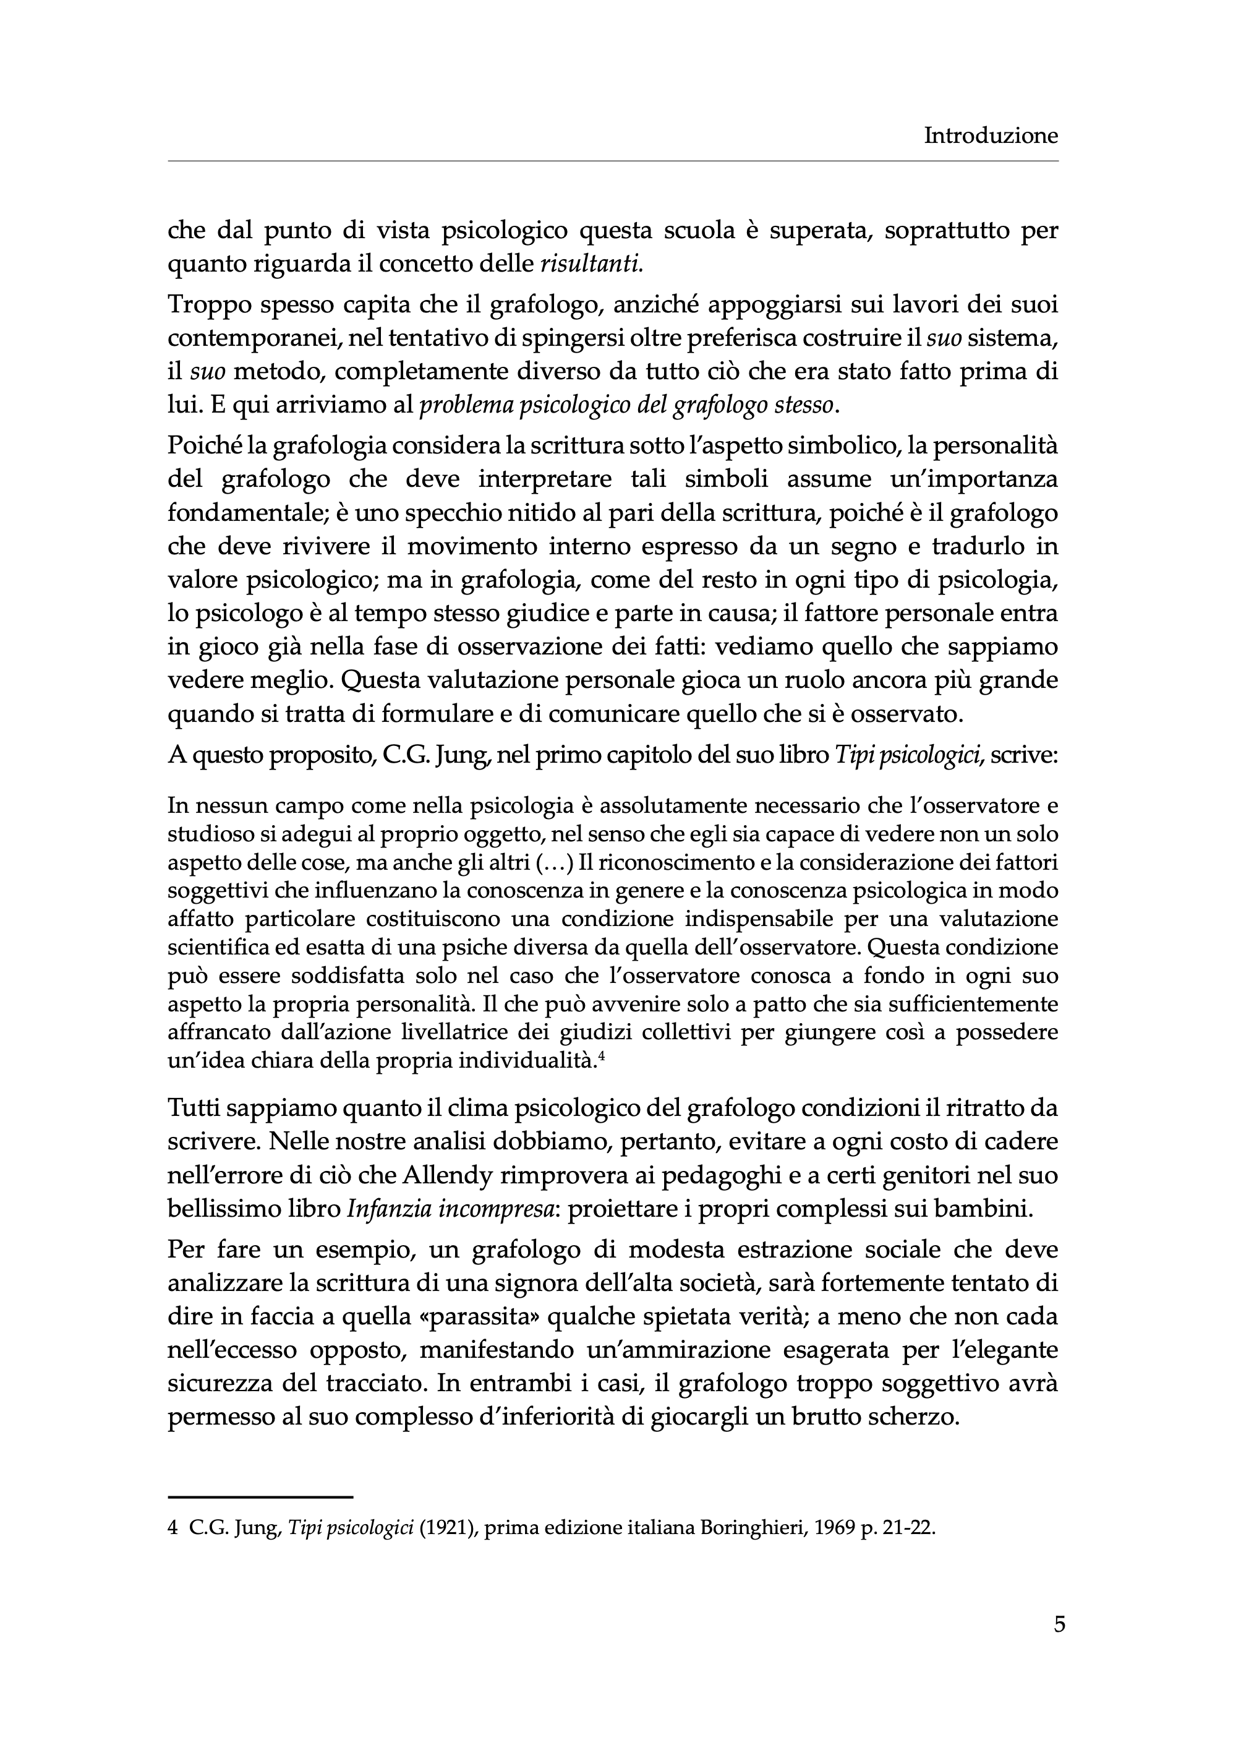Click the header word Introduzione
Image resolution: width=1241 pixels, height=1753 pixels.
click(991, 136)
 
